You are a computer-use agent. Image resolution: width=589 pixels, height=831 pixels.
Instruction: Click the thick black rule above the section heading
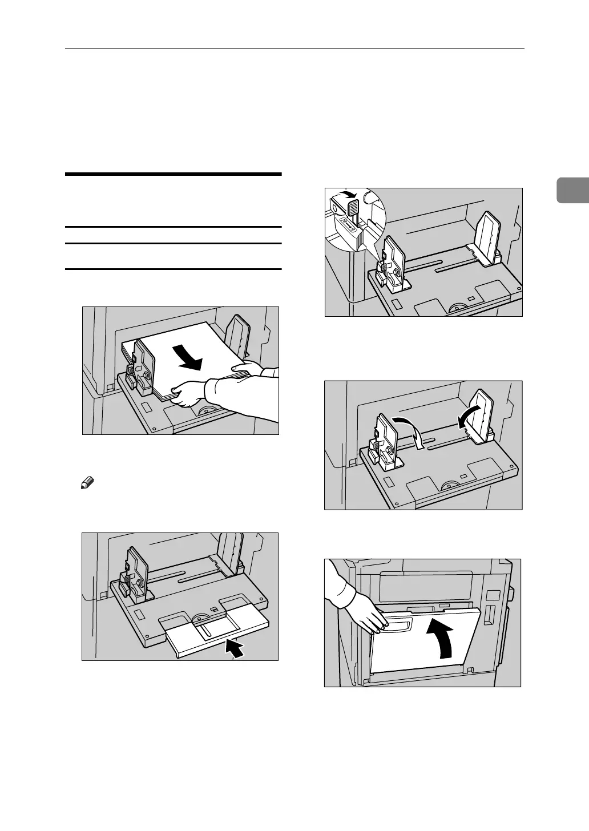174,174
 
